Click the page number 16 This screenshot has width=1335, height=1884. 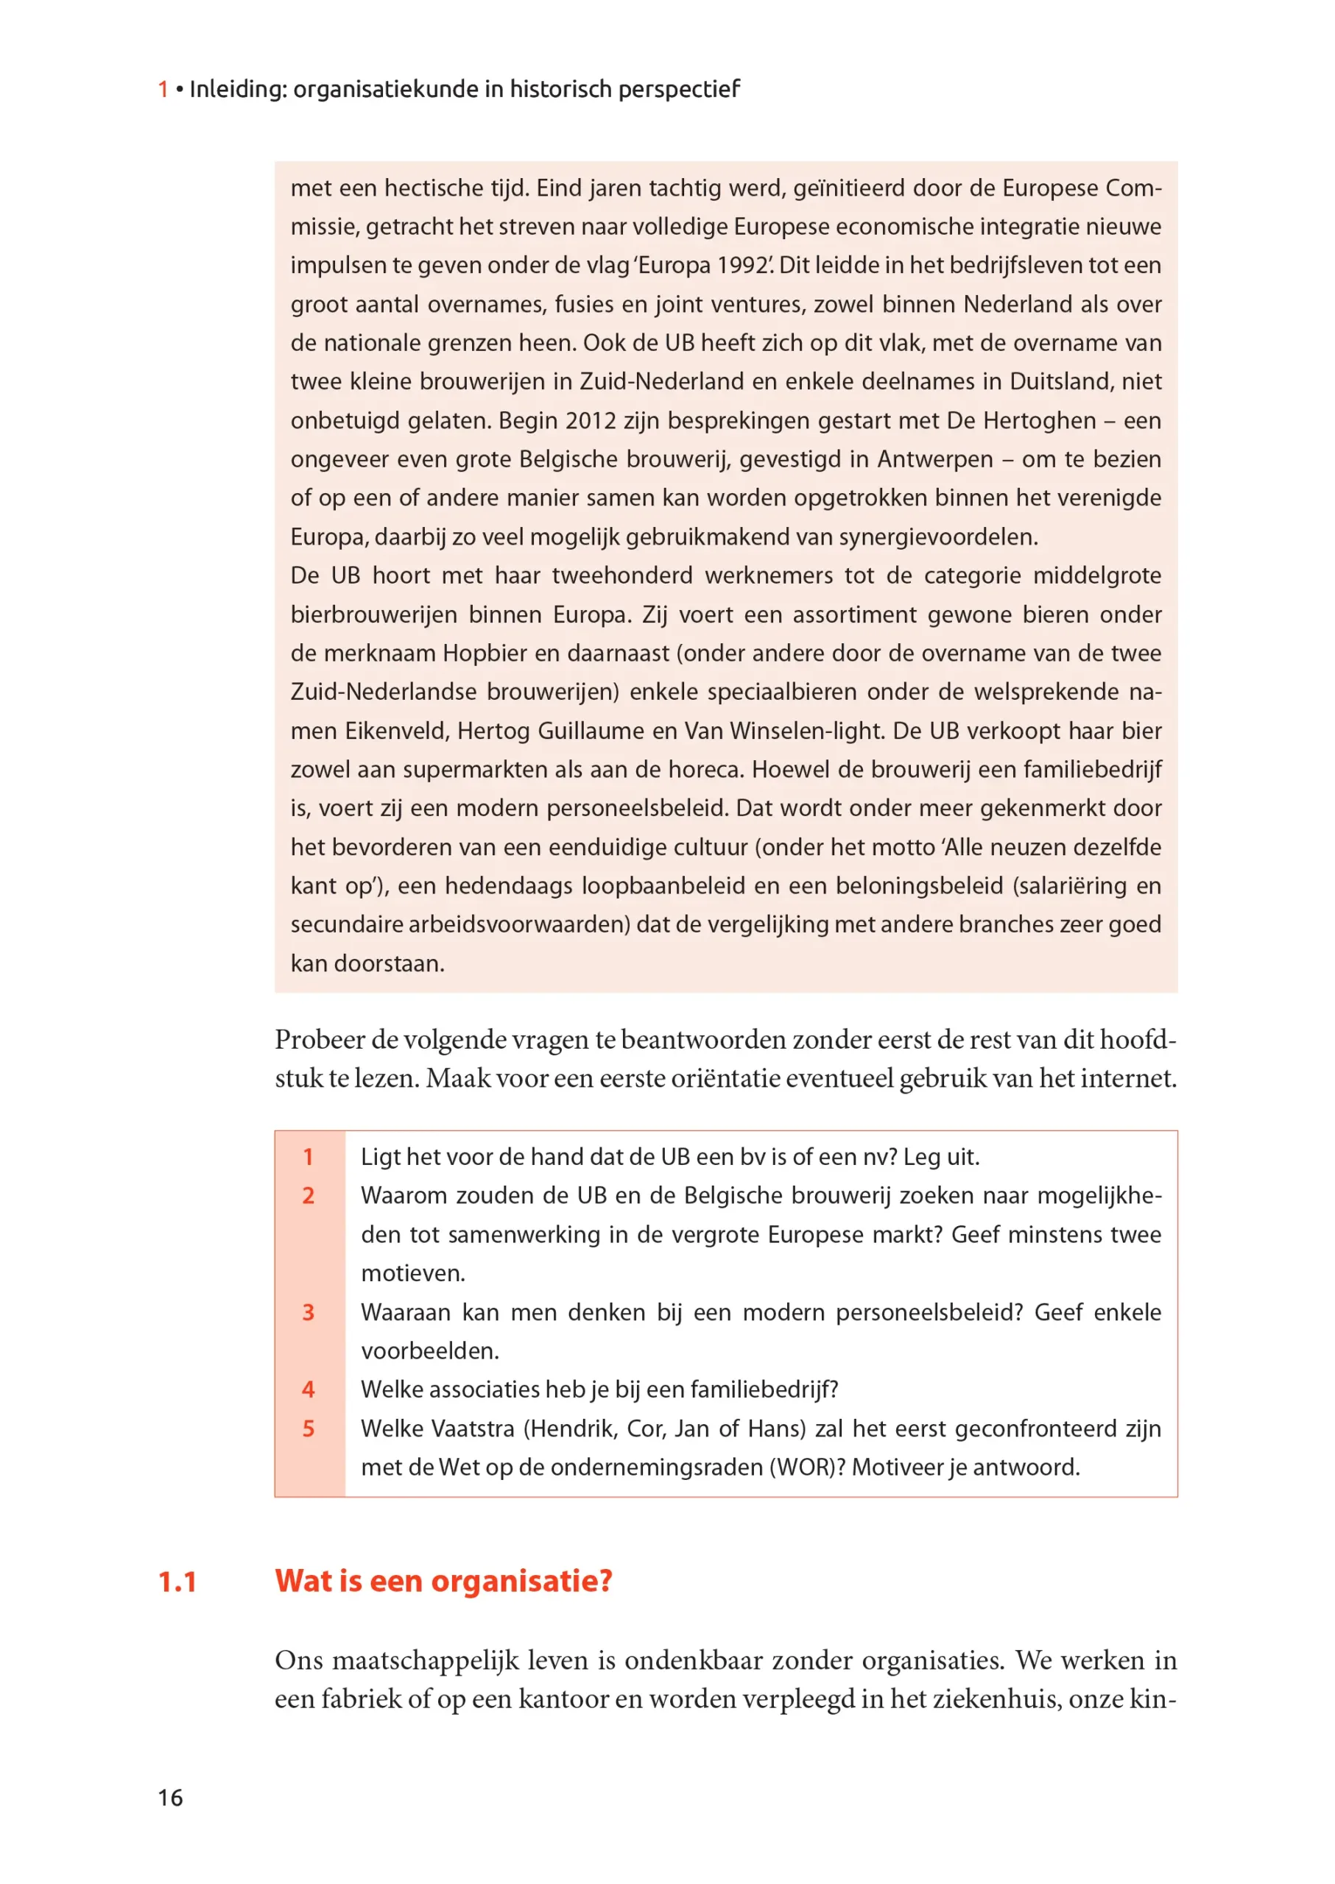[170, 1797]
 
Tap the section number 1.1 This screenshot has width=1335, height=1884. [177, 1581]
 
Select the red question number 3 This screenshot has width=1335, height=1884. [309, 1312]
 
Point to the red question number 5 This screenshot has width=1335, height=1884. [309, 1428]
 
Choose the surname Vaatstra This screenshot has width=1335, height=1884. [473, 1428]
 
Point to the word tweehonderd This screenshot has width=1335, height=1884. [622, 576]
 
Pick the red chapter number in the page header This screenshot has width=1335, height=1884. [163, 89]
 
